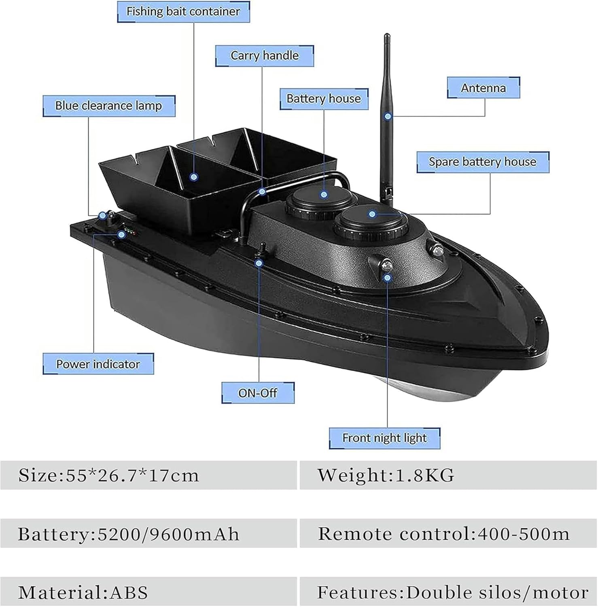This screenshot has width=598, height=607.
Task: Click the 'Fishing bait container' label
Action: pos(183,11)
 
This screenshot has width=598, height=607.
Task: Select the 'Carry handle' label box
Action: pos(265,55)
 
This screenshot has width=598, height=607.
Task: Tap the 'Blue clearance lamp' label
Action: pos(109,106)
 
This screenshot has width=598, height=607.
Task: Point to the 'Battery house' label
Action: pos(324,99)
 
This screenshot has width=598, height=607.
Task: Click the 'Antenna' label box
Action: pos(483,88)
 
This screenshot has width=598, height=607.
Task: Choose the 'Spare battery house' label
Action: pos(483,162)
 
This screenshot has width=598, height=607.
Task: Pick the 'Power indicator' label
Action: pos(98,364)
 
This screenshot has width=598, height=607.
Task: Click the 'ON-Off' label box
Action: pos(258,393)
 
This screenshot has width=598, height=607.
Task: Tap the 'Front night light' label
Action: pos(384,438)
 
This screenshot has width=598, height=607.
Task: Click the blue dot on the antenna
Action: pos(388,116)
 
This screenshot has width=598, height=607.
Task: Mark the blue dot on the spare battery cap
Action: pos(372,213)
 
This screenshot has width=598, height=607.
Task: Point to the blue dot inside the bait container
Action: pos(194,177)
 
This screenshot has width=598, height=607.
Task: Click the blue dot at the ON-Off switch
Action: pos(259,263)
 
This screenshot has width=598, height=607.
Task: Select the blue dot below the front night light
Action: pos(388,278)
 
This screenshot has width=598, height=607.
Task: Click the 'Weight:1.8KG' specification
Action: pos(386,475)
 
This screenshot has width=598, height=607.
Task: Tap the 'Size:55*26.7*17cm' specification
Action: pos(109,475)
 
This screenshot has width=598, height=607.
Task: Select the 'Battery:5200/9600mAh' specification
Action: pos(129,534)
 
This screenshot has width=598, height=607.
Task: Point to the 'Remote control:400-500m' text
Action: pos(444,534)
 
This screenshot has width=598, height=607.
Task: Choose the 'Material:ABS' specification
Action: pos(83,592)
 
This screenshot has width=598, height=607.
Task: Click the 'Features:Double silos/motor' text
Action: pos(452,592)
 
